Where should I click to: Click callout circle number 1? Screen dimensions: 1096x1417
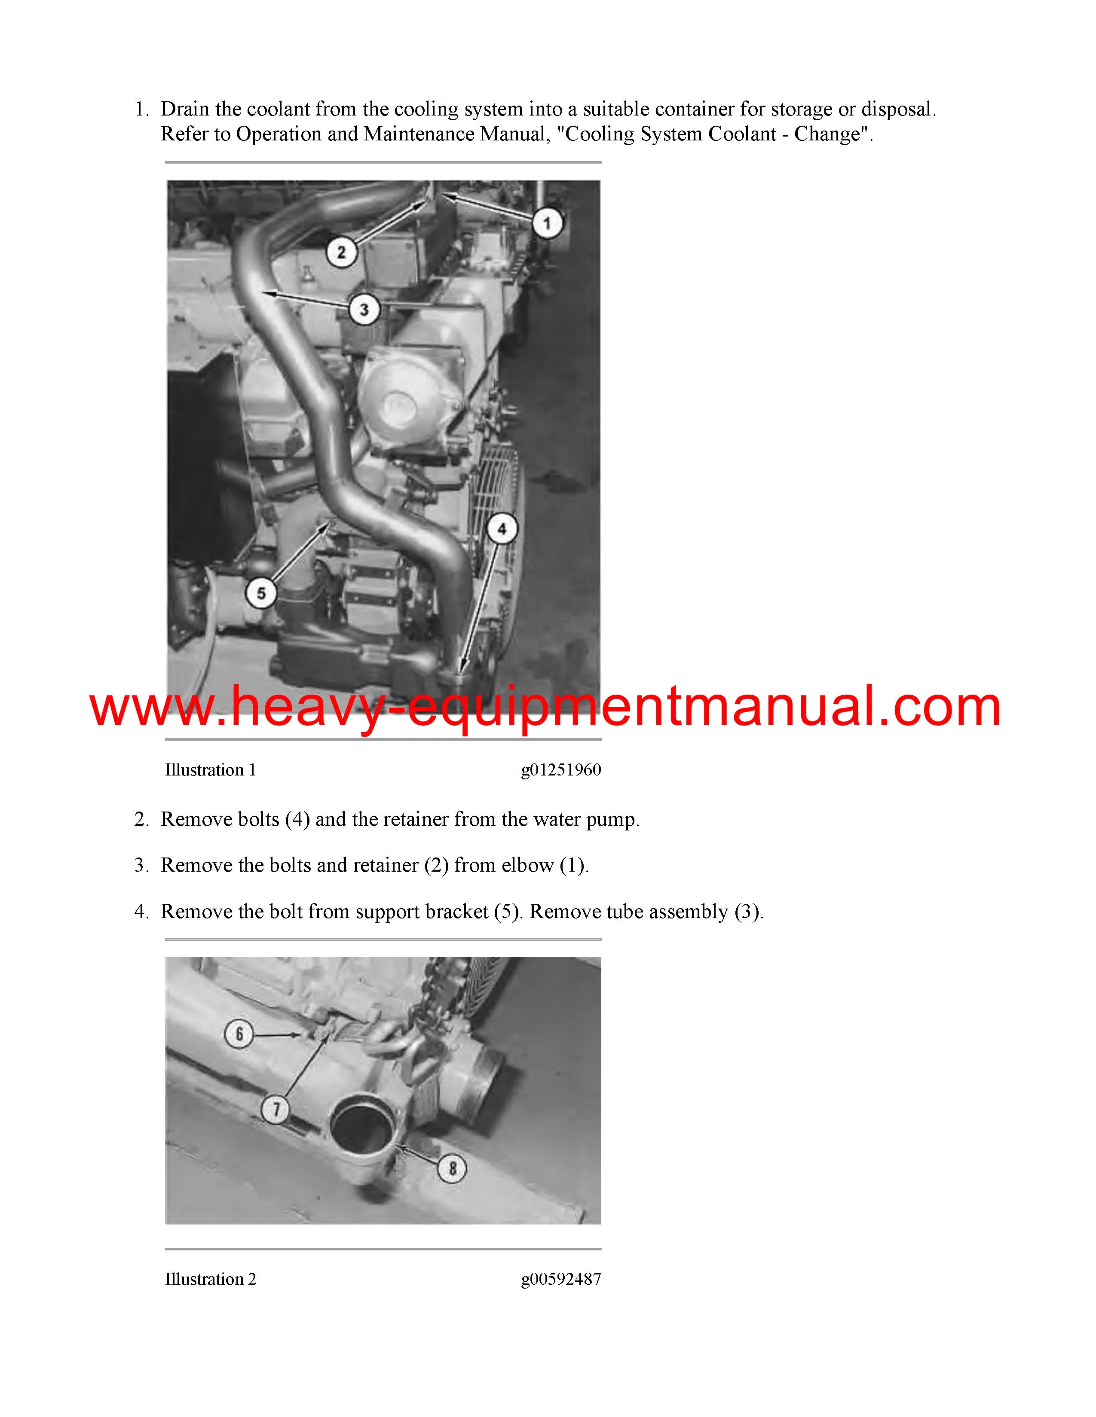(x=547, y=224)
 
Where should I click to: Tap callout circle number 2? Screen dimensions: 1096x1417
(x=342, y=252)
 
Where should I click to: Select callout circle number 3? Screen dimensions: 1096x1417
(x=364, y=310)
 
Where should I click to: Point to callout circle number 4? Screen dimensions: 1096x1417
(x=502, y=529)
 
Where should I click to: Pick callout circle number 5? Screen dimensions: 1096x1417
(x=261, y=593)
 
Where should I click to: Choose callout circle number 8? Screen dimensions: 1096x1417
(x=453, y=1168)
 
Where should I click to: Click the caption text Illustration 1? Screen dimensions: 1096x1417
(x=210, y=770)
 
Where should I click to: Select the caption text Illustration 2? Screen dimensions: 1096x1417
(x=210, y=1280)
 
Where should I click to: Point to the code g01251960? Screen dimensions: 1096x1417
(x=561, y=771)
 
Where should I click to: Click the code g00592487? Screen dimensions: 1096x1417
(x=561, y=1280)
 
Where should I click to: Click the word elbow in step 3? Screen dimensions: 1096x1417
(x=527, y=866)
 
